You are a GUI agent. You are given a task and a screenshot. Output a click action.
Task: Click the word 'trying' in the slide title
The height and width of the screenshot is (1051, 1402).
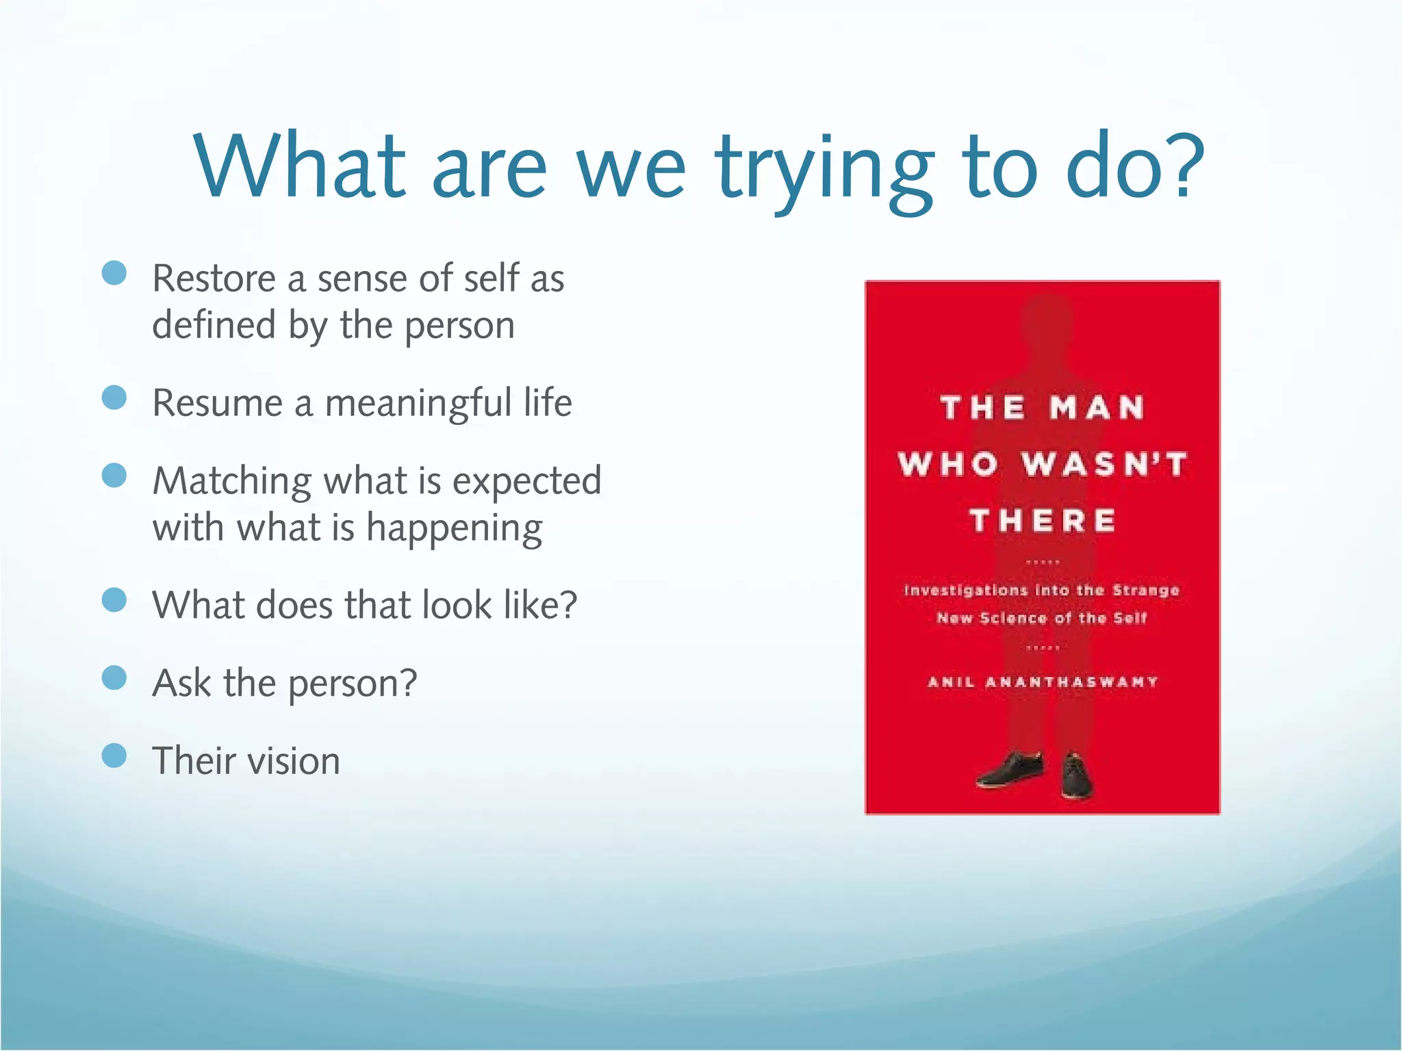click(825, 170)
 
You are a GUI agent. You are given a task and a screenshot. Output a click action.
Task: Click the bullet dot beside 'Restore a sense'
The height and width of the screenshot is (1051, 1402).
click(114, 273)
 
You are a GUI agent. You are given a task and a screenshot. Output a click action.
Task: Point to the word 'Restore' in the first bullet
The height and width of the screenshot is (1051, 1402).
click(214, 278)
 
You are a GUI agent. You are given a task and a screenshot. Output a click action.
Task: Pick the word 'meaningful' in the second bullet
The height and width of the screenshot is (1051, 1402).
click(418, 403)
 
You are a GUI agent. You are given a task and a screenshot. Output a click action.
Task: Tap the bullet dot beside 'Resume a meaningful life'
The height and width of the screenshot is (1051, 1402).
click(114, 398)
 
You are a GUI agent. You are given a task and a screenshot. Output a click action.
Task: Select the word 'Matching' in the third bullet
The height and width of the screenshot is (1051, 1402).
click(231, 481)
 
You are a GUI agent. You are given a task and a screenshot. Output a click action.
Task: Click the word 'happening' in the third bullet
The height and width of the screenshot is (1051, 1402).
click(455, 529)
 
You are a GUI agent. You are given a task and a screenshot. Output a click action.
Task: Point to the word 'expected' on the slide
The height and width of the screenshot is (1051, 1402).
click(527, 481)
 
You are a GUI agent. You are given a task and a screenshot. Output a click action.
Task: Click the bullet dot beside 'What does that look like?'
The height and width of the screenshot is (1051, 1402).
click(114, 600)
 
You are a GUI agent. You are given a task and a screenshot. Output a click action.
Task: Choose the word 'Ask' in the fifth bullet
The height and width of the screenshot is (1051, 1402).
click(181, 683)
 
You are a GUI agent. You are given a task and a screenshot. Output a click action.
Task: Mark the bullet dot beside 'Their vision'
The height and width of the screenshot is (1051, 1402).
click(114, 756)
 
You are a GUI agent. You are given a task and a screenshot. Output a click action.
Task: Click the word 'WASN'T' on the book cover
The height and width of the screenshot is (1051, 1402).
click(1104, 465)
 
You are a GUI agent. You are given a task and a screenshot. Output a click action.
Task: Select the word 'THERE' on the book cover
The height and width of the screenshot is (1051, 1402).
click(1043, 521)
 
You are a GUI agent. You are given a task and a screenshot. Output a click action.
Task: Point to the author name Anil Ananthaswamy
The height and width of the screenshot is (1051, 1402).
click(1043, 682)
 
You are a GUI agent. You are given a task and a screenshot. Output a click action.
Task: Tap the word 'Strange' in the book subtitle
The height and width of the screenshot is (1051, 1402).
click(1145, 591)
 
